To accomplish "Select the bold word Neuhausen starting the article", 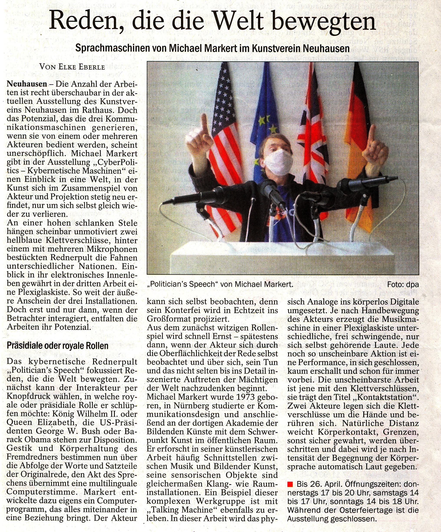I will [27, 84].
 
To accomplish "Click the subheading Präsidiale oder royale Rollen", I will [58, 346].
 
